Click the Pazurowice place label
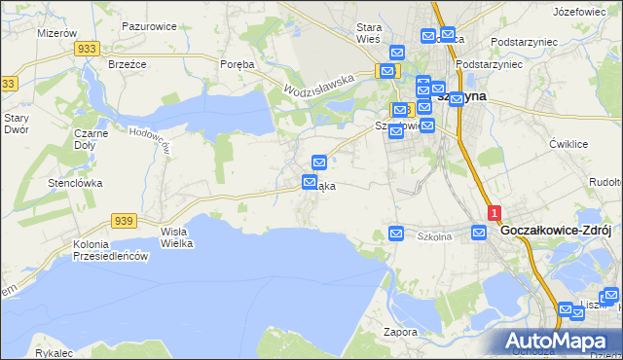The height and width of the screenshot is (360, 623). (149, 26)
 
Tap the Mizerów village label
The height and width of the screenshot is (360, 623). (55, 33)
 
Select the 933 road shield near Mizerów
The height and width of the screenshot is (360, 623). (88, 48)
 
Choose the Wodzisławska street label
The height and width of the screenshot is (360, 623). (318, 87)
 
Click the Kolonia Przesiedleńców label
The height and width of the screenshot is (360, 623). (109, 250)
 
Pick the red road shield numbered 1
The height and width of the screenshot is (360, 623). (495, 212)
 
